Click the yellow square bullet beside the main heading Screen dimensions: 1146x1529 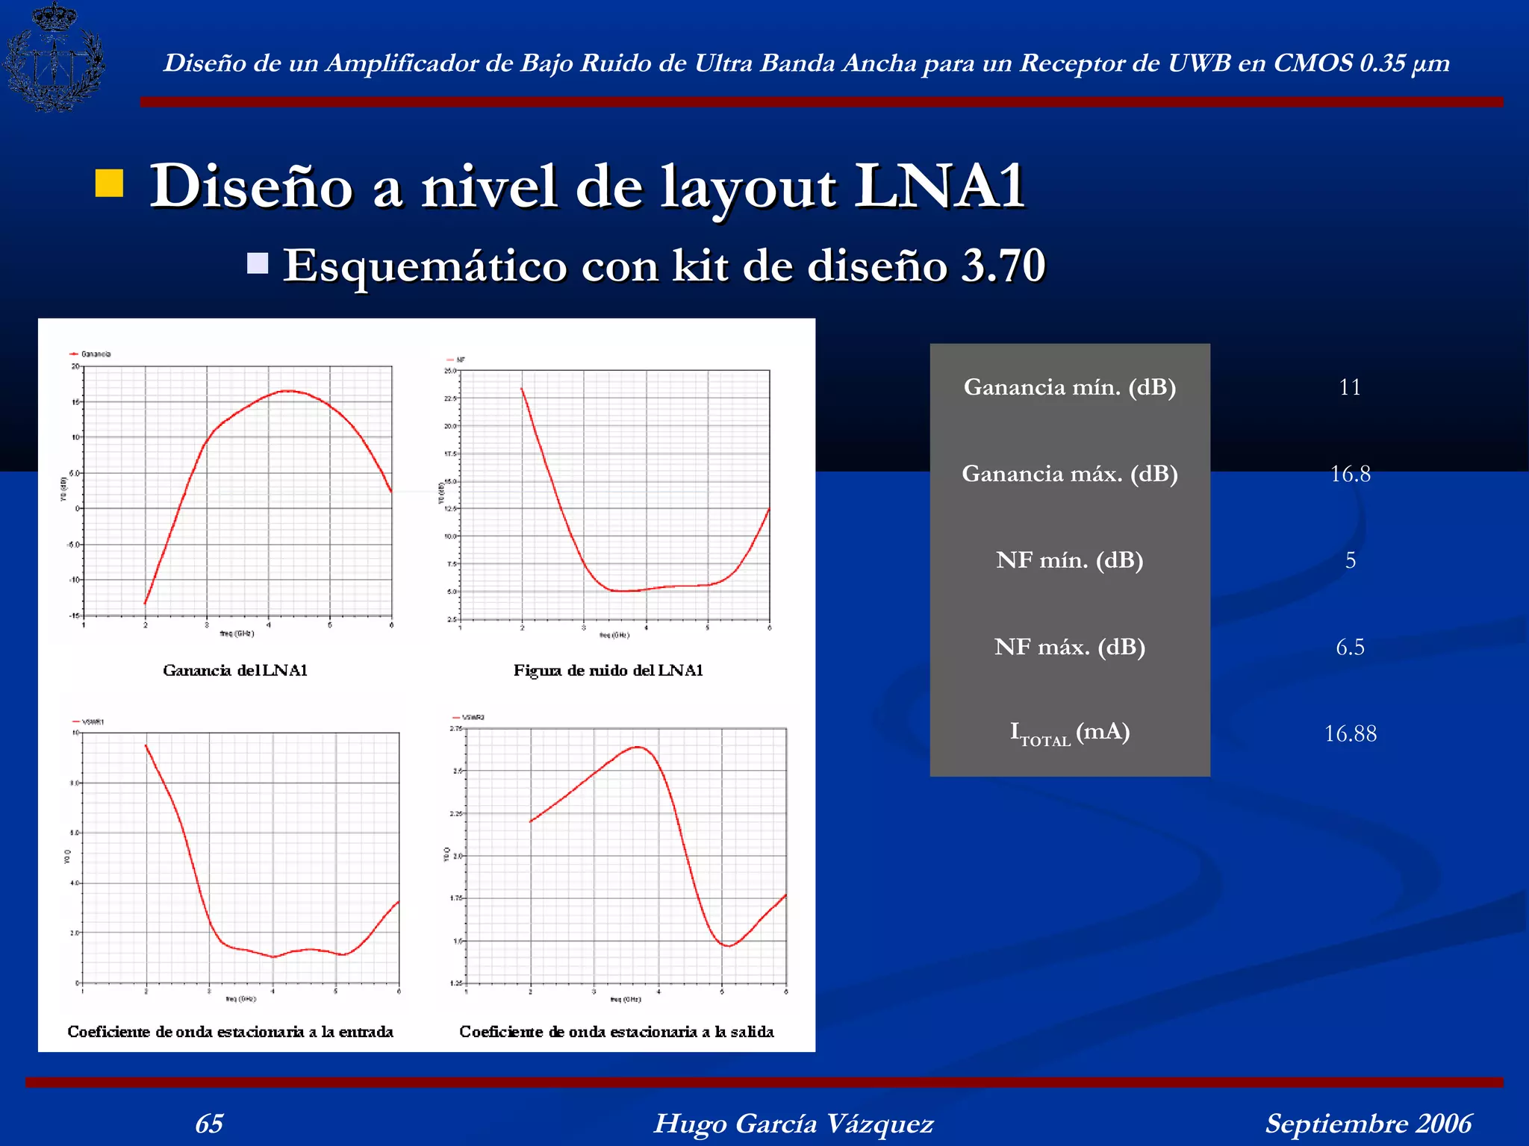click(x=109, y=184)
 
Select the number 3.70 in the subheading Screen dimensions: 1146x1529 click(x=1003, y=265)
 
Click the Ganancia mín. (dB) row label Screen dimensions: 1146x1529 click(x=1069, y=387)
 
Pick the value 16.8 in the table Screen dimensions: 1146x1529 click(x=1350, y=474)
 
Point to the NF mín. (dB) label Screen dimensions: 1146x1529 click(x=1069, y=560)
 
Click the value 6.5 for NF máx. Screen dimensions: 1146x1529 click(x=1350, y=647)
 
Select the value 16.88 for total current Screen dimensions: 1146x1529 click(x=1350, y=733)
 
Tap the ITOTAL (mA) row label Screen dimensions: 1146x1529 click(x=1069, y=733)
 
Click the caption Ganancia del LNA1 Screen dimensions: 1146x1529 click(x=235, y=670)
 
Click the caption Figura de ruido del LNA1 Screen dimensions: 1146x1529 click(x=608, y=670)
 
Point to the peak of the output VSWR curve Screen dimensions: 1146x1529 click(x=638, y=746)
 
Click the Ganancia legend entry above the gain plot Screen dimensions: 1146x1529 click(x=93, y=354)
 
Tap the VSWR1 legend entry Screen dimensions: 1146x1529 click(x=90, y=721)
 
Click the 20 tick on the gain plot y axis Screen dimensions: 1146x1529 click(x=75, y=366)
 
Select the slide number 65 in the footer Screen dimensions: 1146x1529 click(x=209, y=1123)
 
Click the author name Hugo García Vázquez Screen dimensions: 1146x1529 click(x=793, y=1123)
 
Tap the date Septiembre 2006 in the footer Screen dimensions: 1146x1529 click(x=1368, y=1123)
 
